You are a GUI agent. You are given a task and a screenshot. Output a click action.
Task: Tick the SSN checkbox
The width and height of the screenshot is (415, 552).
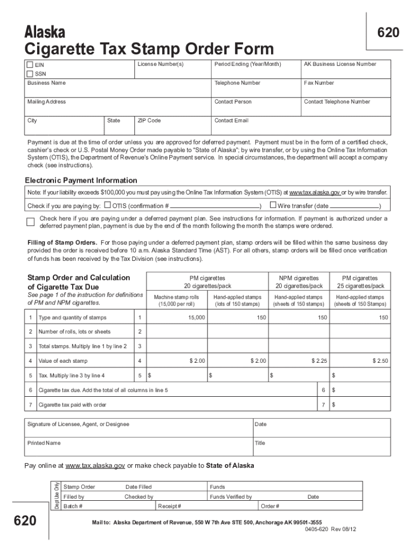[x=30, y=74]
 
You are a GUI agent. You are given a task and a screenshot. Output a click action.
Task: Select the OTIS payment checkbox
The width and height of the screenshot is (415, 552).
[x=107, y=205]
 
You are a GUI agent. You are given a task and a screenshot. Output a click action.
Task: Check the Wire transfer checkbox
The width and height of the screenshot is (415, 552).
[x=273, y=205]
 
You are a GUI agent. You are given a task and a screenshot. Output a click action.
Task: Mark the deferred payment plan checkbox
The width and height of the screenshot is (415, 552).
[x=31, y=222]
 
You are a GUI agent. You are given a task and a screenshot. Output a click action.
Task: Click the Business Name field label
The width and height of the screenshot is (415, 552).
[x=46, y=83]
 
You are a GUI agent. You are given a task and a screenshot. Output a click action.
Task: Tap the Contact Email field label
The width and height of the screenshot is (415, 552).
[x=231, y=121]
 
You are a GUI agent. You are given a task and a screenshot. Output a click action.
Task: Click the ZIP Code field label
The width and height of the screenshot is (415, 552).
[x=149, y=121]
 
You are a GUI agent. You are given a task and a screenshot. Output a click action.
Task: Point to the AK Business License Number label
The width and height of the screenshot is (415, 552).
[x=340, y=64]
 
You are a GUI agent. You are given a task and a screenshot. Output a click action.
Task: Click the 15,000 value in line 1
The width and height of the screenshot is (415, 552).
[x=196, y=318]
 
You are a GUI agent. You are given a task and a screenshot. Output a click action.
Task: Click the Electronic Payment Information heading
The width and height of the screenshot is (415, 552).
[x=81, y=180]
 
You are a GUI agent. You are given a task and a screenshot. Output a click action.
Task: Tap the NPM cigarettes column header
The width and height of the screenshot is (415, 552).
[x=299, y=278]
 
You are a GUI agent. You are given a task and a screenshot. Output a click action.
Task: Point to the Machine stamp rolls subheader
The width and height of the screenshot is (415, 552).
[x=176, y=297]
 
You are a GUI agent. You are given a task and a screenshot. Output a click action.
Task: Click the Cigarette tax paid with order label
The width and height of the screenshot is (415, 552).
[x=72, y=404]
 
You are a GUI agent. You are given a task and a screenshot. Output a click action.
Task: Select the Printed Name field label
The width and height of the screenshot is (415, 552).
[x=44, y=443]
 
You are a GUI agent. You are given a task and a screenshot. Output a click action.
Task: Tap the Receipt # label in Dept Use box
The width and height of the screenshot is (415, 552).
[x=170, y=506]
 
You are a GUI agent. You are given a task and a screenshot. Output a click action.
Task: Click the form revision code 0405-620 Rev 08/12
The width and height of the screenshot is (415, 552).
[x=330, y=529]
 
